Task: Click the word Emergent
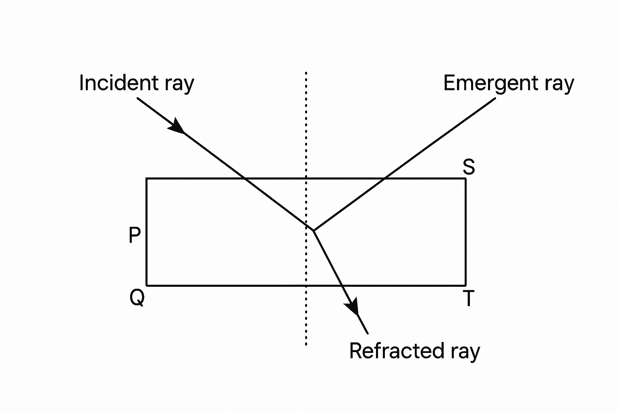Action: [490, 83]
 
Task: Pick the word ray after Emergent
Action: [559, 85]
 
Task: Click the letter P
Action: [135, 235]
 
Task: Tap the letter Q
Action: [137, 298]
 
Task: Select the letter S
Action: [469, 166]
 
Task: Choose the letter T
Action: [468, 299]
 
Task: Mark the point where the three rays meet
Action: [314, 230]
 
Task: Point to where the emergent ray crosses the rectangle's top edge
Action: [384, 178]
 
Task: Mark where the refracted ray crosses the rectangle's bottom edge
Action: [342, 286]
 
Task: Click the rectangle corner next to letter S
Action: [466, 178]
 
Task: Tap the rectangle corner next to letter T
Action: [466, 286]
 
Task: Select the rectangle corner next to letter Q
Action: [147, 286]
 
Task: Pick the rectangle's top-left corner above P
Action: [147, 178]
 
